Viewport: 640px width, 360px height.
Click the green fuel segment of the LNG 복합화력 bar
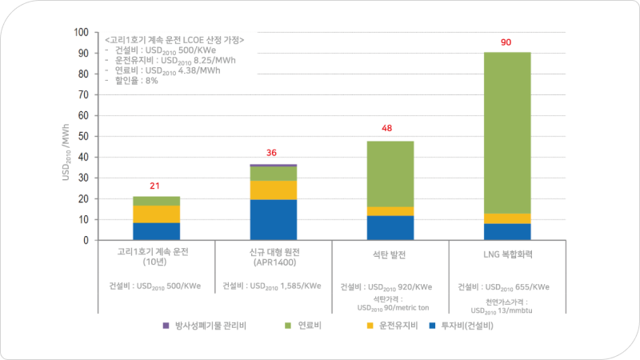(x=506, y=132)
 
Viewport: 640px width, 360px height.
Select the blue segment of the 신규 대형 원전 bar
(x=274, y=220)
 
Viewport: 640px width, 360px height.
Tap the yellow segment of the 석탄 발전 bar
(x=390, y=211)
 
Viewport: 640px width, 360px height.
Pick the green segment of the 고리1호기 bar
(x=156, y=201)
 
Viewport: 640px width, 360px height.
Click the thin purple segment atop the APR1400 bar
(x=274, y=165)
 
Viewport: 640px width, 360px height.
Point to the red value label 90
(x=506, y=42)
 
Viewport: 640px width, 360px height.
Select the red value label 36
(x=273, y=154)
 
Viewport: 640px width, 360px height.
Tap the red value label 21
(x=155, y=186)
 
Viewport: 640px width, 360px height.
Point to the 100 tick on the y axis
(x=81, y=33)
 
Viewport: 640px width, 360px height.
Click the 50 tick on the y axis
(x=83, y=137)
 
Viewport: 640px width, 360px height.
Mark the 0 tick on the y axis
(x=86, y=240)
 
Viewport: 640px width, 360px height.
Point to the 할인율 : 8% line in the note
(x=135, y=80)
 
